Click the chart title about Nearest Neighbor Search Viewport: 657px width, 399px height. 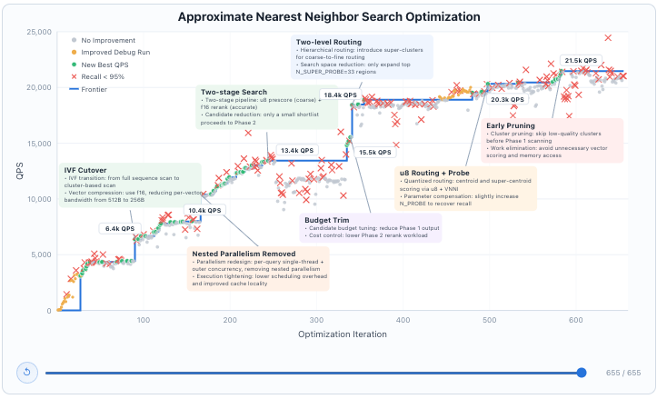[x=328, y=16]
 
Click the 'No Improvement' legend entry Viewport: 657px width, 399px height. [x=107, y=41]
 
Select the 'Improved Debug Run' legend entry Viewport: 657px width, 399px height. [x=115, y=53]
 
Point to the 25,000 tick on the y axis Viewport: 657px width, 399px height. [x=36, y=32]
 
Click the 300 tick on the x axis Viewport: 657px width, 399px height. [x=315, y=320]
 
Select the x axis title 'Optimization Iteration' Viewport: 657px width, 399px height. [x=342, y=334]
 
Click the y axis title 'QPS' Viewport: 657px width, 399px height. [x=19, y=171]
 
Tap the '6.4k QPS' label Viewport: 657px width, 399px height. [x=119, y=228]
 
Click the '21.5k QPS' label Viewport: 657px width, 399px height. [x=581, y=61]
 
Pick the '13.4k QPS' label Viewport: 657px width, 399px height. [x=296, y=150]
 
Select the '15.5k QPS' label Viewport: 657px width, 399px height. [x=374, y=152]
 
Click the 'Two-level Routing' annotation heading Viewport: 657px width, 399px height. [x=328, y=42]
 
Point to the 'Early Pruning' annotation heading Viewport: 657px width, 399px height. [x=510, y=125]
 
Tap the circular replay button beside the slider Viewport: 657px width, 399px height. [x=25, y=372]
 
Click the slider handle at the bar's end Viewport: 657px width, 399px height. [x=581, y=372]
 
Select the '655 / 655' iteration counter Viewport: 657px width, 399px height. [x=622, y=373]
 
